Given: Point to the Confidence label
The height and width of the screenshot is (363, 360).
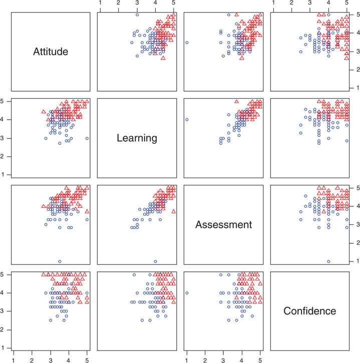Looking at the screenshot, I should pyautogui.click(x=310, y=311).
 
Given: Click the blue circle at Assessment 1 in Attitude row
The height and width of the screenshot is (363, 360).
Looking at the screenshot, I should pyautogui.click(x=187, y=43).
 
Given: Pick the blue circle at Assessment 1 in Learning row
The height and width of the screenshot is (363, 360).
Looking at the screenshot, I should pyautogui.click(x=187, y=120).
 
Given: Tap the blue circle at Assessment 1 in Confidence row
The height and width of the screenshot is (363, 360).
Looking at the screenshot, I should pyautogui.click(x=187, y=293).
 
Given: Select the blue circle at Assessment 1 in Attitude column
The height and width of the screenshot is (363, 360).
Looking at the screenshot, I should pyautogui.click(x=60, y=261).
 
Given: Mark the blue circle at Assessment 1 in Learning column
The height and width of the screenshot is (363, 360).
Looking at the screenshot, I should pyautogui.click(x=155, y=261).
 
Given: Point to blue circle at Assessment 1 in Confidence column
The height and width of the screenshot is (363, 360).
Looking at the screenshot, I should pyautogui.click(x=328, y=261).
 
